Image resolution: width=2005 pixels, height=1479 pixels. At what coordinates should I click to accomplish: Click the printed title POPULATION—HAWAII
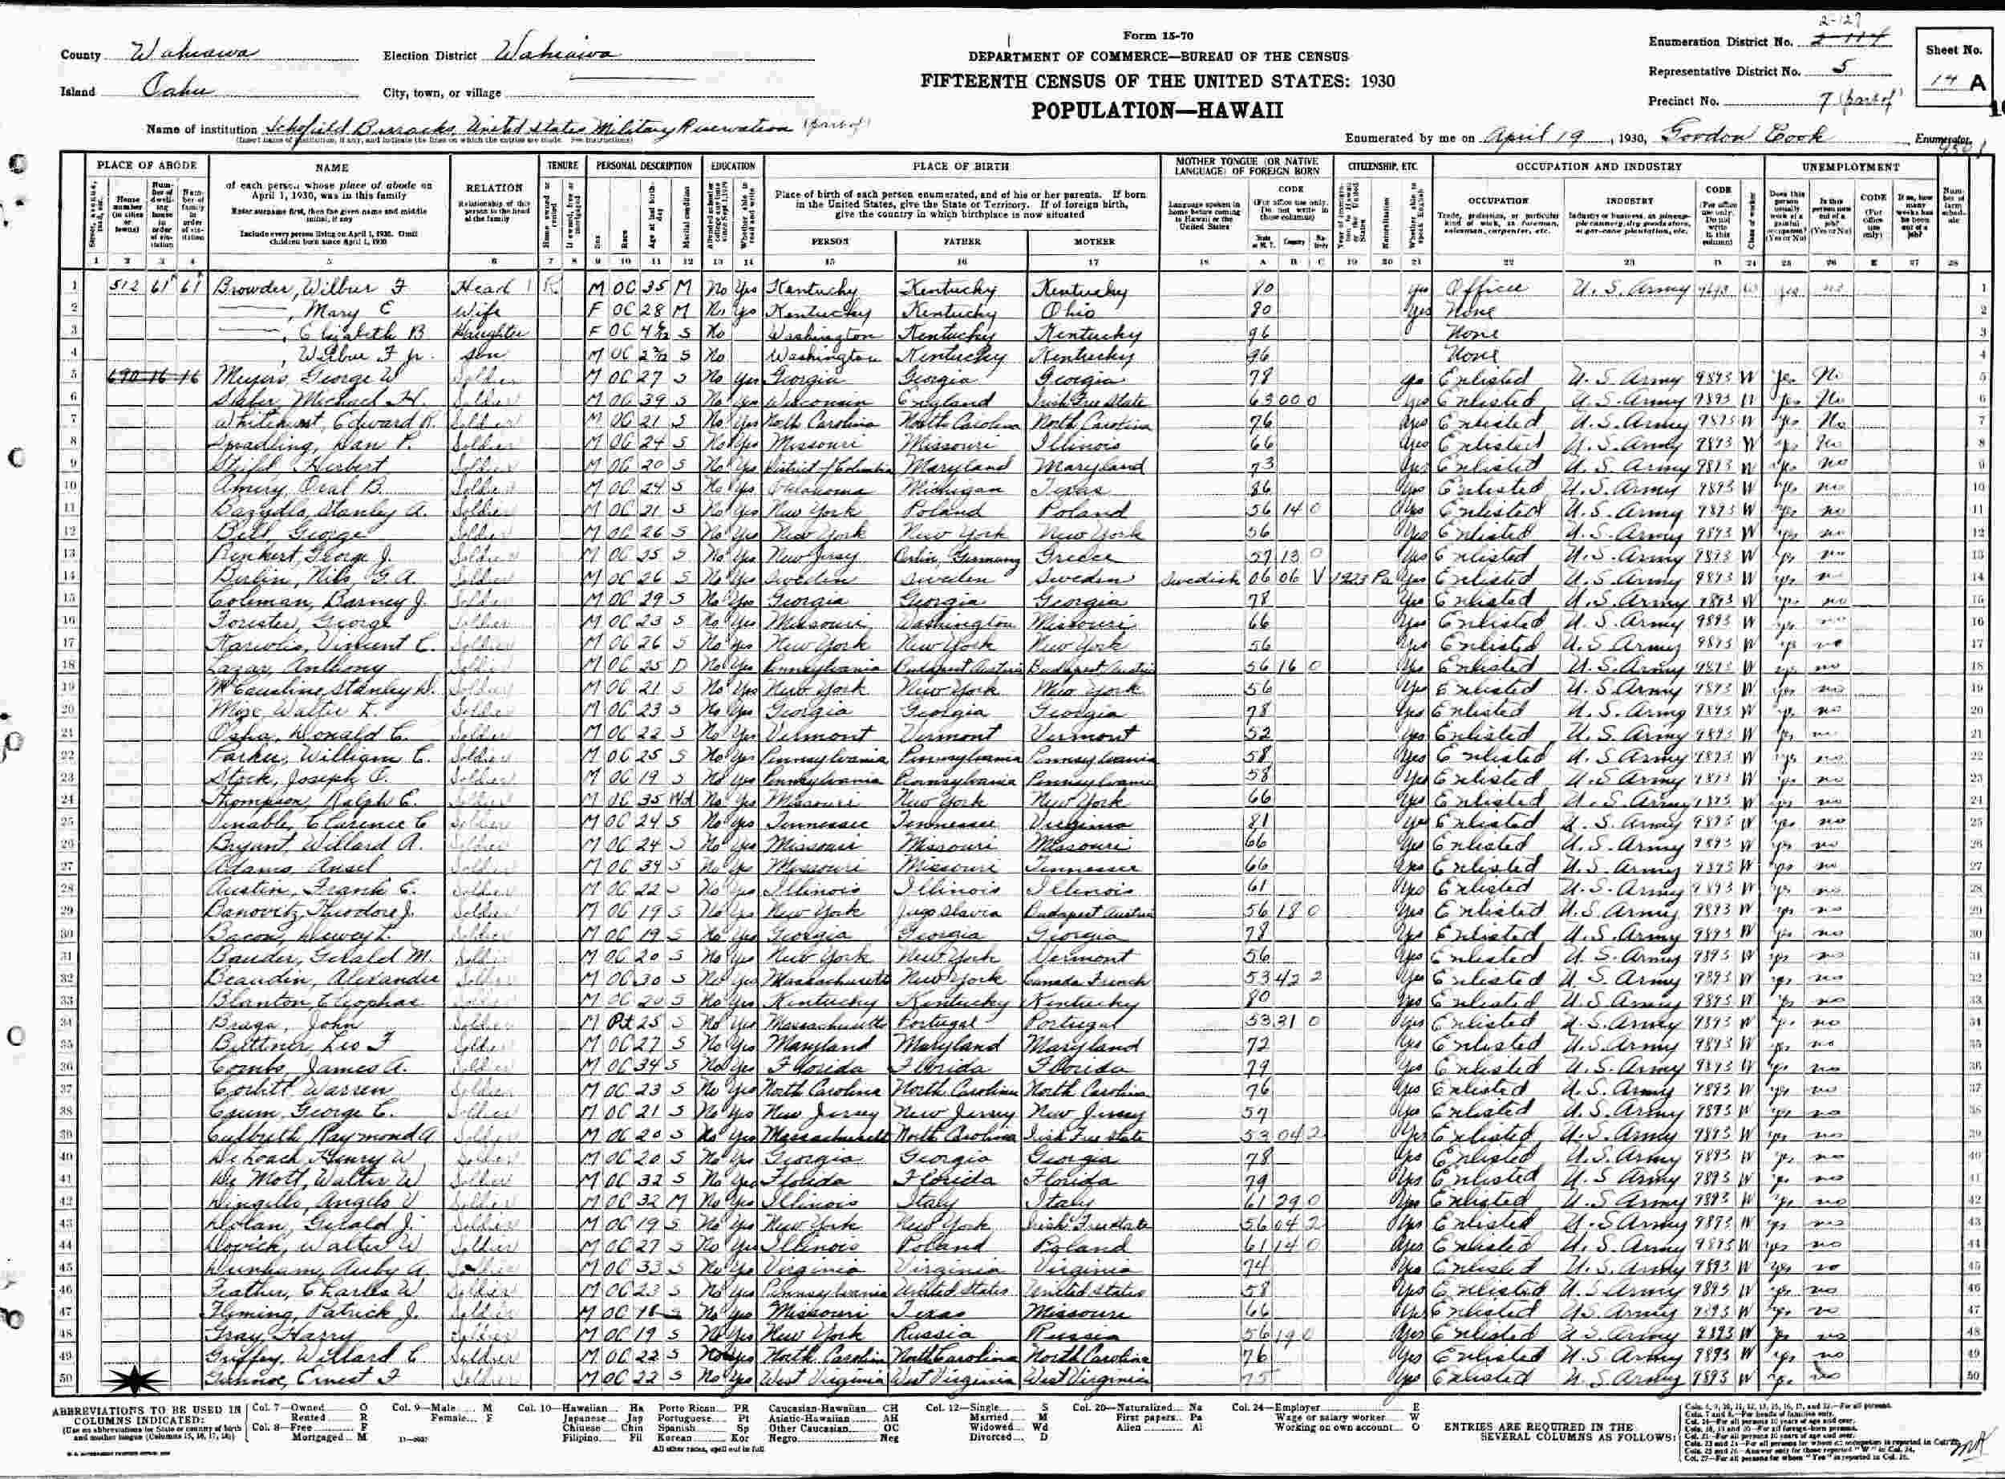(x=1158, y=109)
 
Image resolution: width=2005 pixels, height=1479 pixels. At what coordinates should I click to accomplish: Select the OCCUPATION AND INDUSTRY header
(x=1598, y=167)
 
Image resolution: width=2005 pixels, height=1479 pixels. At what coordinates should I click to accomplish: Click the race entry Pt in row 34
(x=638, y=1023)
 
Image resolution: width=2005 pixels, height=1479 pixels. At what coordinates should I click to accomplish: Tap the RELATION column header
(x=494, y=188)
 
